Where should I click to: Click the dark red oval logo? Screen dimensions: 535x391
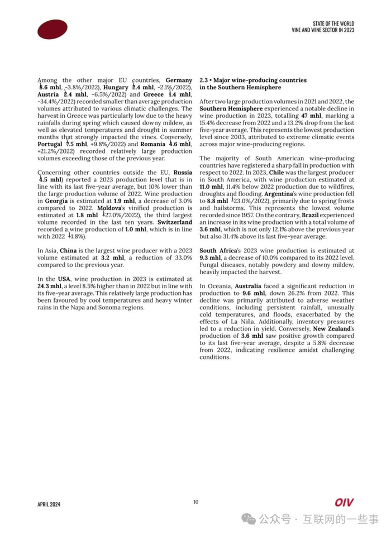53,30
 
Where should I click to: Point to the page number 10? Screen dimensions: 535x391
195,501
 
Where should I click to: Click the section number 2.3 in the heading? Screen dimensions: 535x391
204,80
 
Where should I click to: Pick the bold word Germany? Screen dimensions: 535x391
179,80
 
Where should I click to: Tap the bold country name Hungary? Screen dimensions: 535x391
116,88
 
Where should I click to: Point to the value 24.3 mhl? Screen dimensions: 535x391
49,286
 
